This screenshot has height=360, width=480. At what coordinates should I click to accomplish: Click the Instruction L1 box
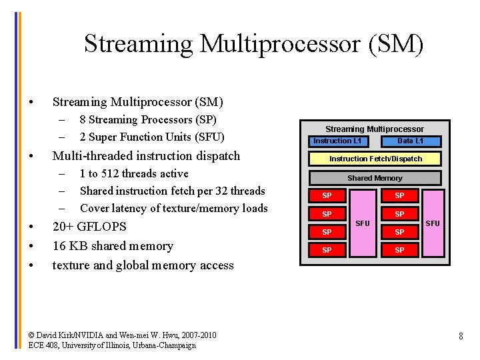[x=337, y=141]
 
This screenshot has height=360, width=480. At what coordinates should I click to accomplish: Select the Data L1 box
[x=411, y=141]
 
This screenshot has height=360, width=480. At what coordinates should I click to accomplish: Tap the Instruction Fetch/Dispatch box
[x=375, y=159]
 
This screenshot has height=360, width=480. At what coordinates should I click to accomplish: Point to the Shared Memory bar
[x=375, y=178]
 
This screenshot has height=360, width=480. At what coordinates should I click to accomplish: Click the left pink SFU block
[x=363, y=223]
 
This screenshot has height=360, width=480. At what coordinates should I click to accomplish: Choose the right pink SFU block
[x=433, y=223]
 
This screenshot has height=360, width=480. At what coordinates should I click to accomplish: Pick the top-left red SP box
[x=327, y=196]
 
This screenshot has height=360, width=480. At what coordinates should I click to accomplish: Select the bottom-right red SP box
[x=399, y=251]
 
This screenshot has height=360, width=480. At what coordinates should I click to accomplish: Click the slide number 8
[x=461, y=337]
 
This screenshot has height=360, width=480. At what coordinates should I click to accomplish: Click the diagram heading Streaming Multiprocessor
[x=374, y=129]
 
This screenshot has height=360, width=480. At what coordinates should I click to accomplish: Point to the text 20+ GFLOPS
[x=89, y=226]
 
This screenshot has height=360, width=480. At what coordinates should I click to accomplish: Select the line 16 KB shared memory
[x=113, y=245]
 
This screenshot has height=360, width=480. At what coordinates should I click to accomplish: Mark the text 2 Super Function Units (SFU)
[x=151, y=137]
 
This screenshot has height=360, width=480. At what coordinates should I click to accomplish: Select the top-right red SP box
[x=399, y=196]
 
